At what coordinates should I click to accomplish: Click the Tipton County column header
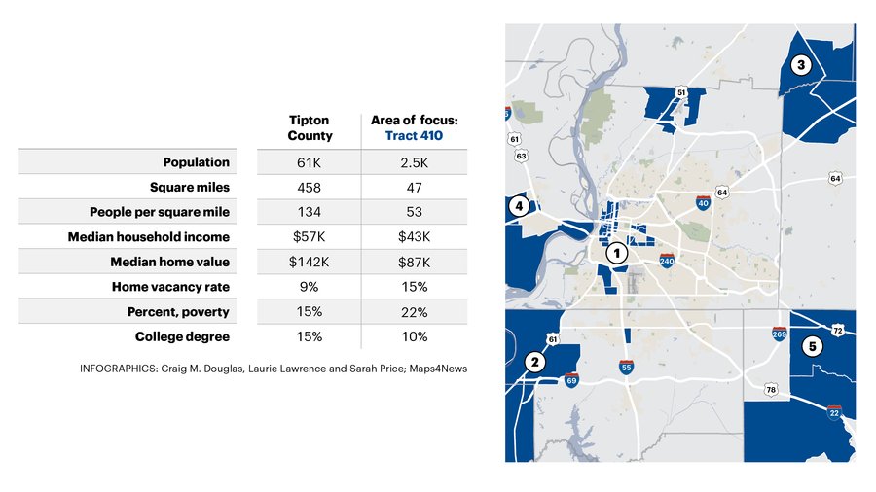(310, 127)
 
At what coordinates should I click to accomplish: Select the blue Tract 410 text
(414, 135)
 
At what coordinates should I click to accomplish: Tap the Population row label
(196, 162)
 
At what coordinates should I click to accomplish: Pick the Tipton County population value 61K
(309, 163)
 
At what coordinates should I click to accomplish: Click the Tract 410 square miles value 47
(414, 188)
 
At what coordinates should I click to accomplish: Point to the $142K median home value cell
(309, 263)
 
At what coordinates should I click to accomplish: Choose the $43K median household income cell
(414, 237)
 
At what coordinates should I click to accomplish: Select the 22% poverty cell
(414, 312)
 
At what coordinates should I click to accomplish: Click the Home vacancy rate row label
(170, 287)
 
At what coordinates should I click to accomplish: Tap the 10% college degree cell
(414, 337)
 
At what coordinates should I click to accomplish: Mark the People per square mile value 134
(309, 212)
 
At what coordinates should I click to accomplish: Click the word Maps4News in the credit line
(438, 369)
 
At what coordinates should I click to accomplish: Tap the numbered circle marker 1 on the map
(617, 253)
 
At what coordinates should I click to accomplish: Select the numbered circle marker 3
(801, 65)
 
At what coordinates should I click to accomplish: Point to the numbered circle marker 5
(813, 346)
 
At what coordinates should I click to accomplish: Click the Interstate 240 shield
(667, 260)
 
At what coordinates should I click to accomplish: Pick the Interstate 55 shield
(626, 367)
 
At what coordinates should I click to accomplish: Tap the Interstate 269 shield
(780, 334)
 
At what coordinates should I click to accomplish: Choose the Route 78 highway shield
(771, 389)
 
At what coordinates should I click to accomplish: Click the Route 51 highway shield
(680, 92)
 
